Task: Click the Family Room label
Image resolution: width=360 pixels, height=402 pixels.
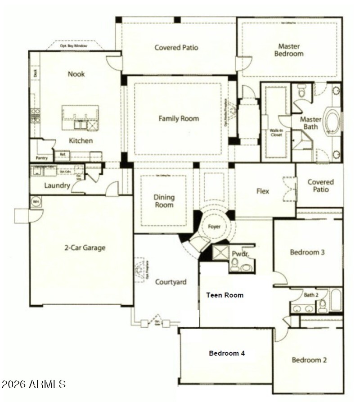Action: click(178, 119)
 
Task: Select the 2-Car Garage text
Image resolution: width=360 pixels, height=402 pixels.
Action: click(85, 248)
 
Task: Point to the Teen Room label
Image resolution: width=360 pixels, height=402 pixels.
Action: click(225, 295)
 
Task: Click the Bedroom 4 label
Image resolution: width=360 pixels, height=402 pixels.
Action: click(227, 353)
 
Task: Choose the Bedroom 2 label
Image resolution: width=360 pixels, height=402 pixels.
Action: click(309, 360)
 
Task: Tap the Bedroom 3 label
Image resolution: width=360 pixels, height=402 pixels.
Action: click(307, 252)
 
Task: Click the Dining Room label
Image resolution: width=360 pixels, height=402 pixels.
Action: click(164, 201)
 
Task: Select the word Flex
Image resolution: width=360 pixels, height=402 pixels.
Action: click(263, 191)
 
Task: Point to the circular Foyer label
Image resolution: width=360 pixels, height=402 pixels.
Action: click(214, 226)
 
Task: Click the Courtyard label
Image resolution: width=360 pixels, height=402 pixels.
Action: click(171, 282)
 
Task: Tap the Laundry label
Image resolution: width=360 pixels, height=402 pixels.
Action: click(57, 185)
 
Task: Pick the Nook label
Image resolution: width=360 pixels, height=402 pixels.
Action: click(76, 74)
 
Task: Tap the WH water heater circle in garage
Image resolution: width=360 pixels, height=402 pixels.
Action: click(36, 202)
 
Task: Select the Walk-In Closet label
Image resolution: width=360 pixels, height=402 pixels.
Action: click(276, 132)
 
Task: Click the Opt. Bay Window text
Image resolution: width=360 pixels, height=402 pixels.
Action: click(74, 46)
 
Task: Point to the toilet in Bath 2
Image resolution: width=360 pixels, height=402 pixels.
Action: click(323, 306)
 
